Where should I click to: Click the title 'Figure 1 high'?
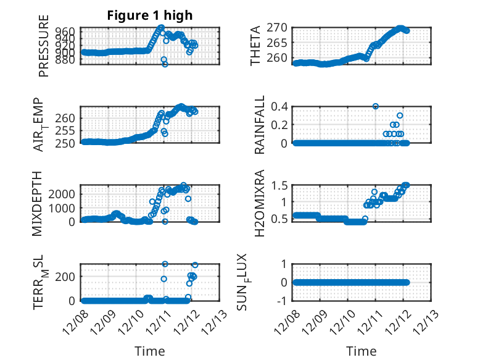[150, 15]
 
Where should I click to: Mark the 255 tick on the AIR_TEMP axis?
[68, 130]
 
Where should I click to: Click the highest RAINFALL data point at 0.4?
[375, 106]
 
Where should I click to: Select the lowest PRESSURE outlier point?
[165, 64]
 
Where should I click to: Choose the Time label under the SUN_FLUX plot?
[361, 351]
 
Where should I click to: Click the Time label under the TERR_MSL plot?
[150, 351]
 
